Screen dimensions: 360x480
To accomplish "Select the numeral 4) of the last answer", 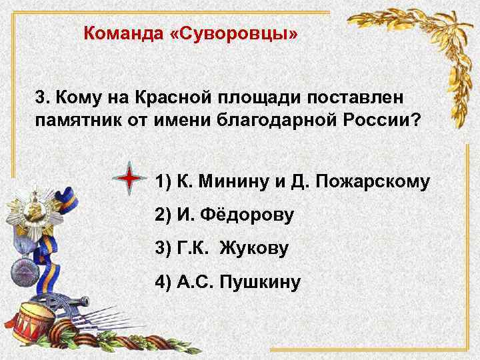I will (163, 283).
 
